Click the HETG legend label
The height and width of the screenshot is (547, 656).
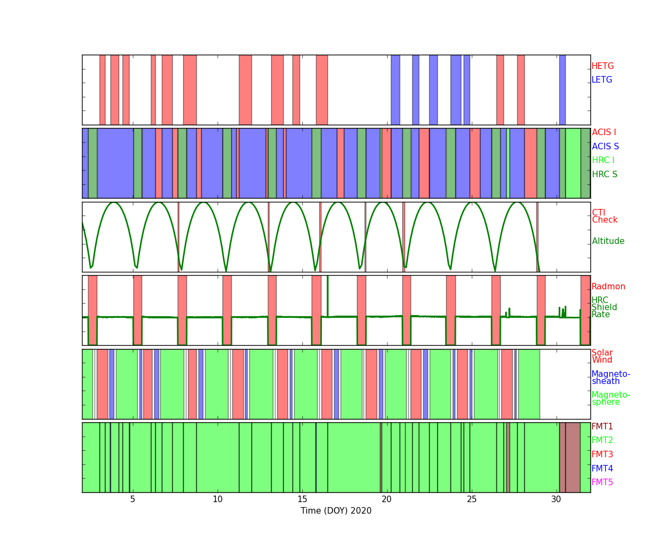tap(602, 66)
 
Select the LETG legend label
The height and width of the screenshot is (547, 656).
tap(602, 80)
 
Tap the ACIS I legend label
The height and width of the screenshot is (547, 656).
tap(604, 132)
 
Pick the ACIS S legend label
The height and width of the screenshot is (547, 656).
tap(605, 147)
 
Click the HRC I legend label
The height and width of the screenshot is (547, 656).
tap(603, 160)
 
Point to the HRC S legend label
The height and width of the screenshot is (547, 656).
tap(604, 174)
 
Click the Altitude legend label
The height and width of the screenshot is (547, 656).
tap(608, 241)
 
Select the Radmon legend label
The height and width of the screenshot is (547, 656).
tap(608, 287)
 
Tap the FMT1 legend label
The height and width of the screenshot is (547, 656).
tap(602, 427)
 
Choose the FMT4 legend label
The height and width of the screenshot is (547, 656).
tap(602, 469)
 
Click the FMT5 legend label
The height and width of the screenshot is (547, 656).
tap(602, 482)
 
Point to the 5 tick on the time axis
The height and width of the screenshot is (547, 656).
tap(133, 499)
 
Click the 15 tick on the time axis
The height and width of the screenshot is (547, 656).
tap(302, 499)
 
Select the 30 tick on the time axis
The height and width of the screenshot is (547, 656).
tap(556, 499)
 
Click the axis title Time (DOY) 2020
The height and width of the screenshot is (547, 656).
tap(336, 511)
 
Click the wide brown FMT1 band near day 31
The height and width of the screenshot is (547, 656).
tap(572, 457)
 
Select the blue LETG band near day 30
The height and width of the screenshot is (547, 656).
tap(562, 90)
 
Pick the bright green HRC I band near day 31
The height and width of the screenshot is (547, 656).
tap(573, 163)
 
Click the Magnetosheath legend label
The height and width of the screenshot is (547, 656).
tap(611, 378)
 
